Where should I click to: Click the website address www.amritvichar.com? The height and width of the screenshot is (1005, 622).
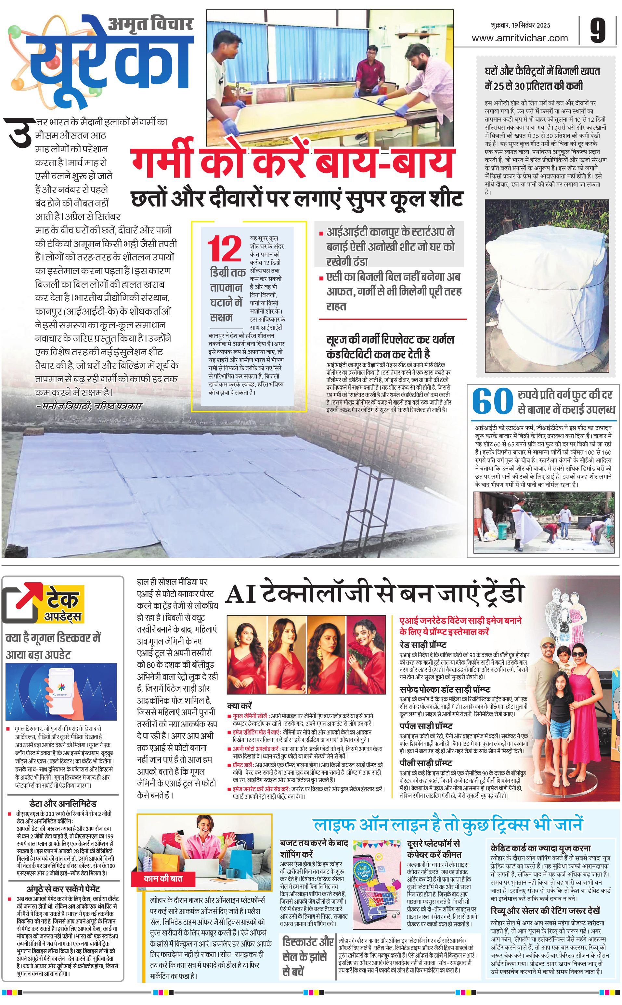point(520,38)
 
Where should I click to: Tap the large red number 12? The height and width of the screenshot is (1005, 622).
point(224,249)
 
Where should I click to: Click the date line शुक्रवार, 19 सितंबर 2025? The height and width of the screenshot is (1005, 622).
point(520,25)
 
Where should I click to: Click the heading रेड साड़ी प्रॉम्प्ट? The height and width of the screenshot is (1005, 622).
point(423,645)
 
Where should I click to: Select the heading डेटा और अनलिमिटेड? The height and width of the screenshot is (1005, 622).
point(63,804)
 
